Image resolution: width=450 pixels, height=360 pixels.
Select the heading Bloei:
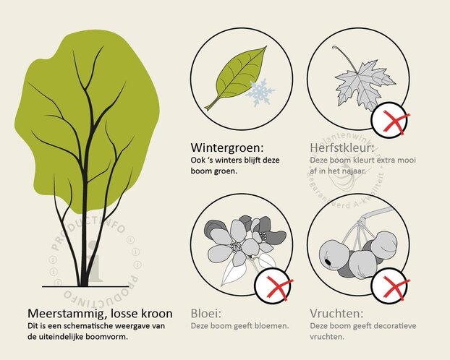(x=206, y=313)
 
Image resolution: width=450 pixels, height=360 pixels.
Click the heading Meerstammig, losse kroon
(x=100, y=314)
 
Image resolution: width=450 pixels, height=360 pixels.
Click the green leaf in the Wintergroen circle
(x=234, y=77)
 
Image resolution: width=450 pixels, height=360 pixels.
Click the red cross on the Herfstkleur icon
(x=391, y=122)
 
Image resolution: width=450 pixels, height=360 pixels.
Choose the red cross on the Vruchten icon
(x=391, y=287)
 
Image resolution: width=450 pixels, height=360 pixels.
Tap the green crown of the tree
(x=90, y=108)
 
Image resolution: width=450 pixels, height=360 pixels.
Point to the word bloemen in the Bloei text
(x=271, y=326)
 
